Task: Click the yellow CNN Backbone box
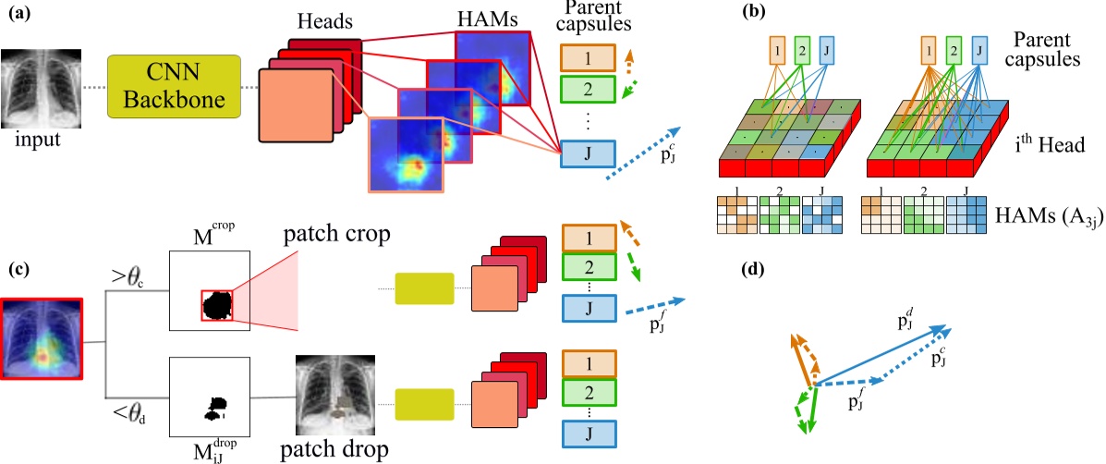174,87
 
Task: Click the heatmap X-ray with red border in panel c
43,340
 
